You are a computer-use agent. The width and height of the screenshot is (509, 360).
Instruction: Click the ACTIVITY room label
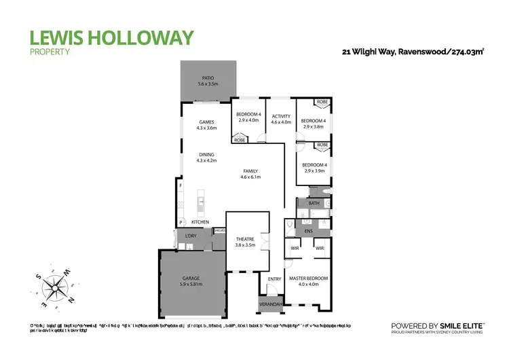tap(281, 116)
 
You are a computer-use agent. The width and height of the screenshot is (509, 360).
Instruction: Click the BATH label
tap(314, 203)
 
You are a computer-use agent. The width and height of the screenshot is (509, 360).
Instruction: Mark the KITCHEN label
tap(200, 222)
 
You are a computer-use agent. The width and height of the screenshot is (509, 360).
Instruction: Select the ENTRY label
tap(274, 279)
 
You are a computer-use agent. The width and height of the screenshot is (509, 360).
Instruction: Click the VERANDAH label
tap(270, 304)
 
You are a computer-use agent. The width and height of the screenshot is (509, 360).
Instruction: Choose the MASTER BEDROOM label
tap(308, 278)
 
